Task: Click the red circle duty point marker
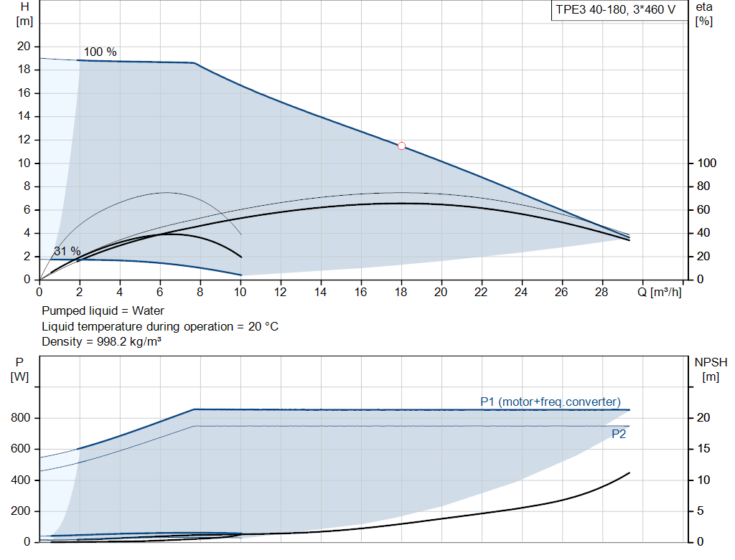tap(401, 146)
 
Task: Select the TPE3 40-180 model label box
tap(616, 10)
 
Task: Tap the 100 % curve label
tap(100, 52)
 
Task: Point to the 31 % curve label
tap(67, 252)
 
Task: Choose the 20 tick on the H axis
tap(24, 47)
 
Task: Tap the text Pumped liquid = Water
tap(103, 311)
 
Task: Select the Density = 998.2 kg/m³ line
tap(100, 342)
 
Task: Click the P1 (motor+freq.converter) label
tap(550, 402)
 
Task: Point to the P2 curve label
tap(618, 434)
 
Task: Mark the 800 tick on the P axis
tap(20, 418)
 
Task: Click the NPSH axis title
tap(711, 363)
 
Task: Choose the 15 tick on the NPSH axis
tap(705, 449)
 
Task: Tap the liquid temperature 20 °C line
tap(159, 327)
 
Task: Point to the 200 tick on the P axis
tap(20, 511)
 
